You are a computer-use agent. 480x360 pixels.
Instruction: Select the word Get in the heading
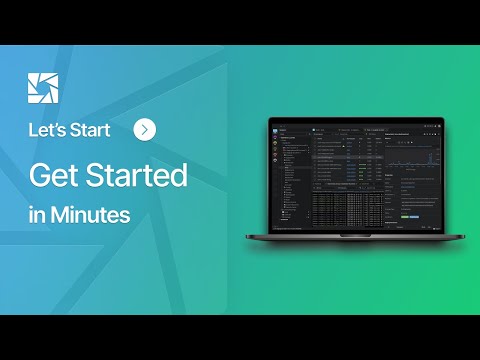click(57, 175)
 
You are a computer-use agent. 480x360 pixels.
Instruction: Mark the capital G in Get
click(40, 175)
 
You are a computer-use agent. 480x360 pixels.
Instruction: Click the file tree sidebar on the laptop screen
click(289, 175)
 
